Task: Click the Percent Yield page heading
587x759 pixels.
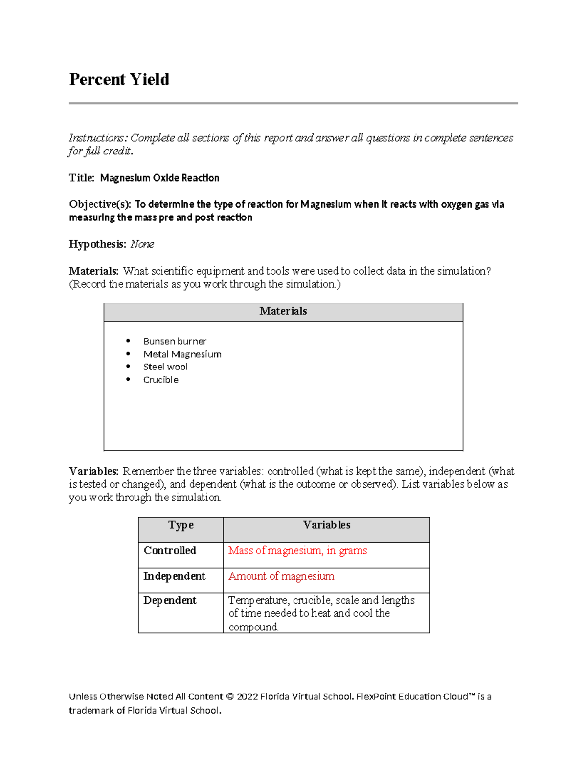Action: pos(119,79)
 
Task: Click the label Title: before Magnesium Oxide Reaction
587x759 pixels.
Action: pos(81,178)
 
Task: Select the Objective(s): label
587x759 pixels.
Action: pos(100,204)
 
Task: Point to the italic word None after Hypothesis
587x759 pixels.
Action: pos(142,244)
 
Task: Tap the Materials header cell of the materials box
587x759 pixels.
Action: pos(283,311)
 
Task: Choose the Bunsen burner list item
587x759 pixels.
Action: pos(175,341)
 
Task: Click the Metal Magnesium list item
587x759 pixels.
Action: pos(182,354)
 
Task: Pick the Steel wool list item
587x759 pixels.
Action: pos(165,367)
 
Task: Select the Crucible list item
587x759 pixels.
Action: pos(160,380)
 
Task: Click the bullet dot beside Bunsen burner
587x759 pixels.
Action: pos(128,341)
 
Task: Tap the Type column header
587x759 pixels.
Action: pos(181,525)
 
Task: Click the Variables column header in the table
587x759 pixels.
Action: pos(326,525)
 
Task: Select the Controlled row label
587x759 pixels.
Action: pos(170,551)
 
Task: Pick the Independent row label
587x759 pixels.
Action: pos(174,576)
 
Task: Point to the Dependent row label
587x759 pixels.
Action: pos(170,601)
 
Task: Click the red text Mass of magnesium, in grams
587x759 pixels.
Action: pos(297,551)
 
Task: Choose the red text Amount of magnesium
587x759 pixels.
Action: pos(281,576)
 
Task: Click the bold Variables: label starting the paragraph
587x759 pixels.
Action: pos(94,471)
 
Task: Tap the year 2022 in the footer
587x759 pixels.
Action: pos(247,697)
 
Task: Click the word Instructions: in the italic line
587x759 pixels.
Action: pos(97,138)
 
